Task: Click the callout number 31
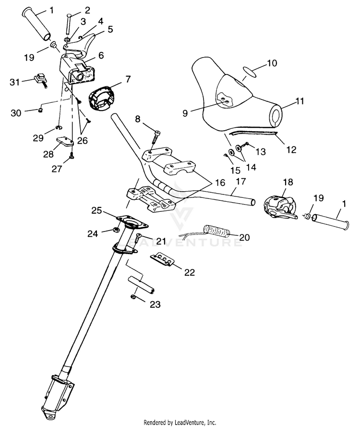click(15, 82)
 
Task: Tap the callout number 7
click(128, 79)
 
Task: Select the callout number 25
click(96, 210)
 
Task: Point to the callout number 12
click(291, 149)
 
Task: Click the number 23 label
click(155, 304)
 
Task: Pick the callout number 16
click(220, 183)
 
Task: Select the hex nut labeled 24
click(115, 231)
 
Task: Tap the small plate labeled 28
click(65, 141)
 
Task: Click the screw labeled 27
click(72, 156)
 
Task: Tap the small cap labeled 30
click(40, 110)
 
